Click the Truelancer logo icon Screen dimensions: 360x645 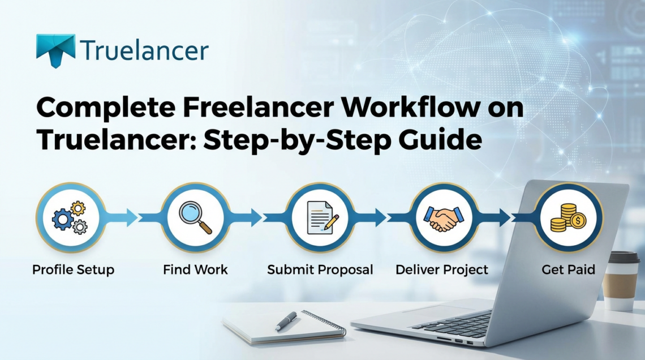point(55,49)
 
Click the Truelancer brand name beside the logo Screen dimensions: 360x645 point(144,50)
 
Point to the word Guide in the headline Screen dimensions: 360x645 point(442,139)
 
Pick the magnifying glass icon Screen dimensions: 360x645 point(195,217)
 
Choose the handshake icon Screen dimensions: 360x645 point(444,217)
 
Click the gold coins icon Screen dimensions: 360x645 point(568,217)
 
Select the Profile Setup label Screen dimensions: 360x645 point(73,269)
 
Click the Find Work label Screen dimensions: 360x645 point(195,269)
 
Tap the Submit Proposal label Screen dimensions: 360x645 point(320,269)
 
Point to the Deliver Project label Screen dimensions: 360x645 point(442,269)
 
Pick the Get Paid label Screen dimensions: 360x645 point(568,269)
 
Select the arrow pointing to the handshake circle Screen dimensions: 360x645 point(380,217)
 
